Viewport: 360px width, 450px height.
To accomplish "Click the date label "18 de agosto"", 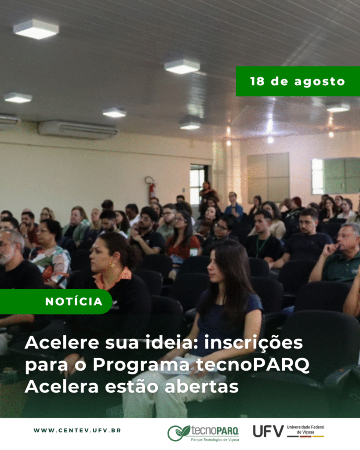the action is tap(298, 81).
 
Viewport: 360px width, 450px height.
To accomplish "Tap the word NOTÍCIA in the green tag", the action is tap(74, 301).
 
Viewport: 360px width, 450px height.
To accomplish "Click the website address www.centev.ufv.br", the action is tap(77, 430).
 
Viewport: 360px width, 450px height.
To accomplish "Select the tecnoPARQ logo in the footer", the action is tap(203, 433).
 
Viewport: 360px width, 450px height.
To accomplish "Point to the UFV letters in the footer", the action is tap(268, 431).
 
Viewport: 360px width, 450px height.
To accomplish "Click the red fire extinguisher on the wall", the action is tap(152, 190).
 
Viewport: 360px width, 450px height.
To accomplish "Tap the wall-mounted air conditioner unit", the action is tap(78, 130).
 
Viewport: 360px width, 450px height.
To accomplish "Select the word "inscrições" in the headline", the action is tap(254, 343).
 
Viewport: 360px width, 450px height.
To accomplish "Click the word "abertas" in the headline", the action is tap(201, 387).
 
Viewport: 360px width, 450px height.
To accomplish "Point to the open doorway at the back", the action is tap(197, 184).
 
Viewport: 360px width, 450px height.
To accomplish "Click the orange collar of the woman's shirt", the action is tap(113, 279).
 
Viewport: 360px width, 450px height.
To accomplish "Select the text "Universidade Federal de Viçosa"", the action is tap(305, 429).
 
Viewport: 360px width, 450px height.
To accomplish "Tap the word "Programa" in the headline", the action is tap(141, 365).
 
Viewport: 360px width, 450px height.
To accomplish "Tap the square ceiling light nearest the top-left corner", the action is tap(36, 29).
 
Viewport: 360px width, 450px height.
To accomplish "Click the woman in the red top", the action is tap(182, 238).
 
